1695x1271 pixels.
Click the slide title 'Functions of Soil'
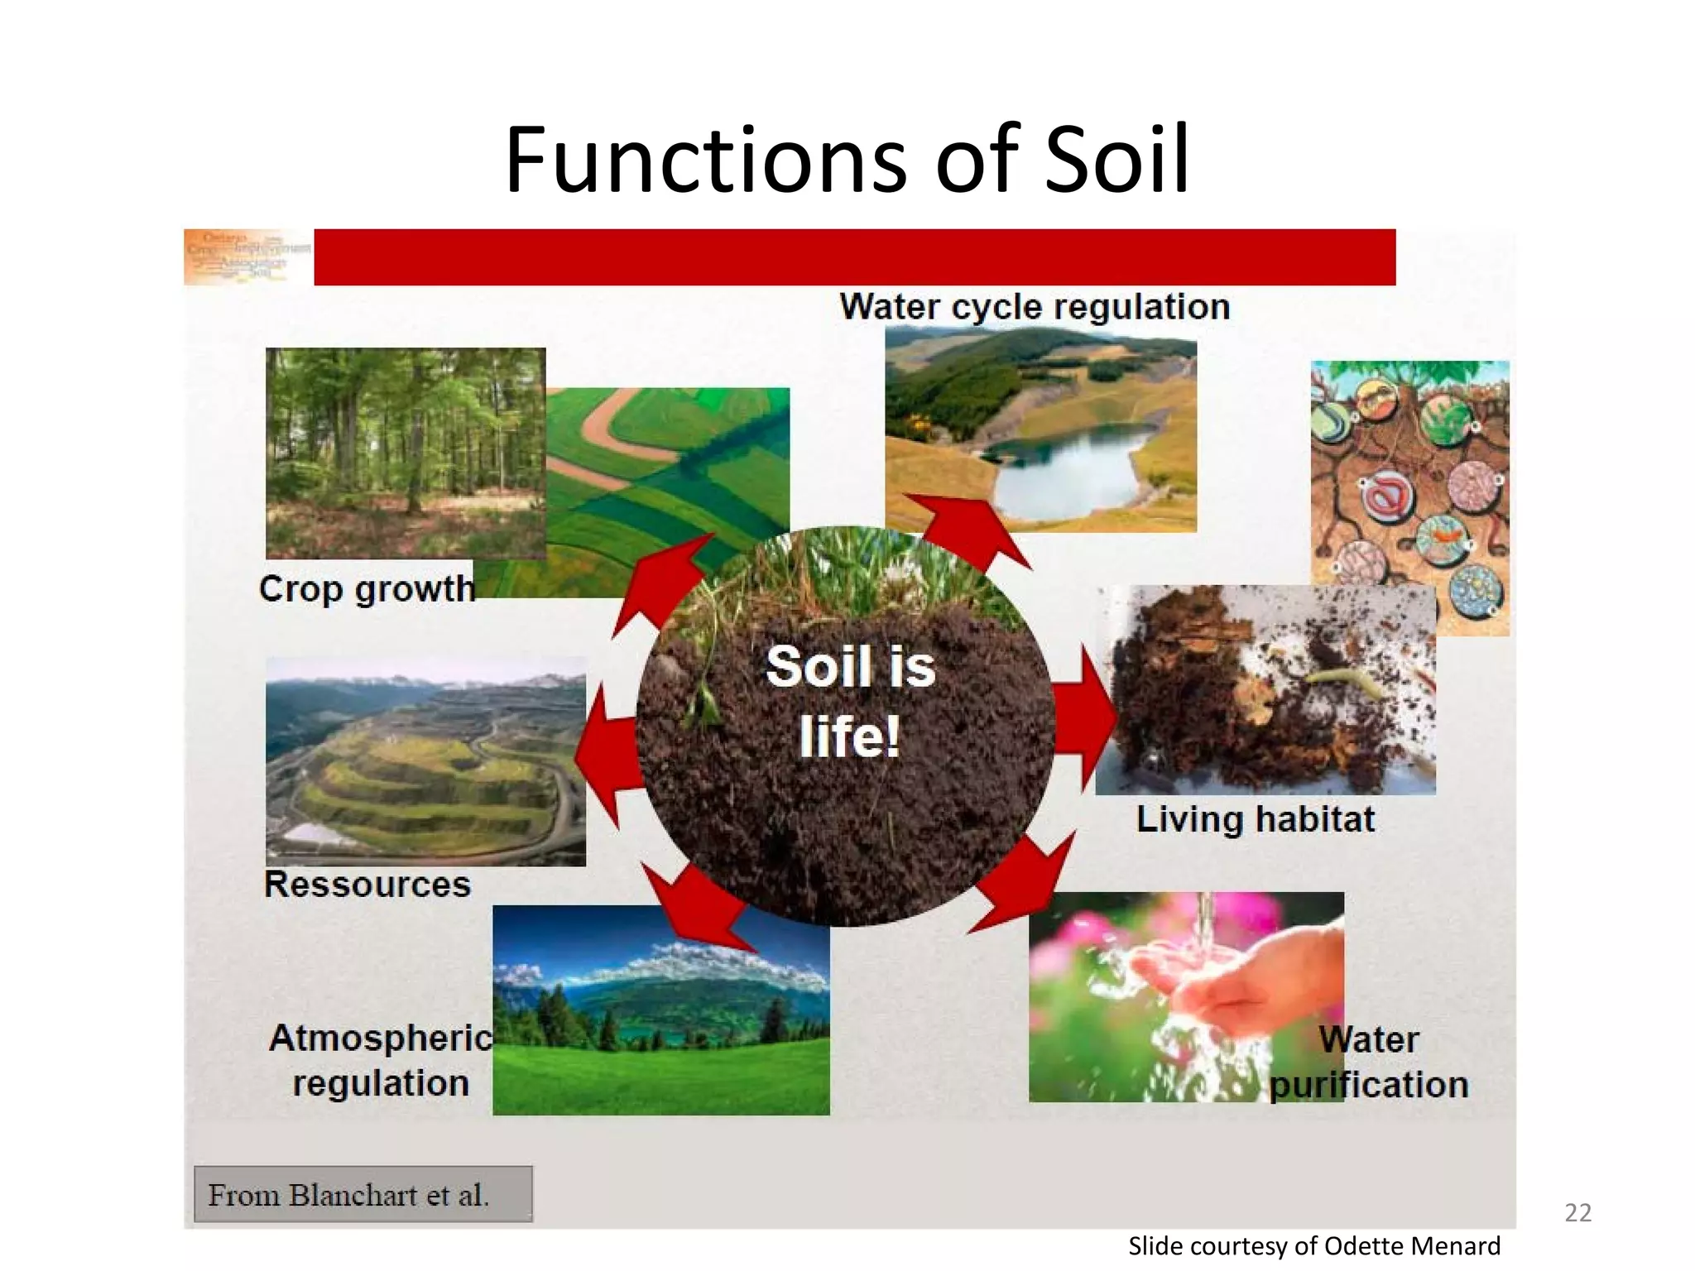point(847,159)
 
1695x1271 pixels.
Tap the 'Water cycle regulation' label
point(1035,307)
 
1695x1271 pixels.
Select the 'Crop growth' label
point(367,589)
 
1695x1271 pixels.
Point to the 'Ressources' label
point(367,885)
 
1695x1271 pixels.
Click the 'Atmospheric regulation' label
point(381,1061)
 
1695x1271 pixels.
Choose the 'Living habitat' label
point(1255,819)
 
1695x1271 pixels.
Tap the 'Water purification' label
point(1369,1062)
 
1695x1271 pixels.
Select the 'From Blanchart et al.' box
point(363,1194)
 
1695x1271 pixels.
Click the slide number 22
point(1577,1212)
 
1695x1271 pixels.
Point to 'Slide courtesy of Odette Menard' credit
point(1313,1246)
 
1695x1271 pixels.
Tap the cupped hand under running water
point(1225,976)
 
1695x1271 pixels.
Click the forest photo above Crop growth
point(405,453)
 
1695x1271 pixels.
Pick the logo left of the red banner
point(247,257)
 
